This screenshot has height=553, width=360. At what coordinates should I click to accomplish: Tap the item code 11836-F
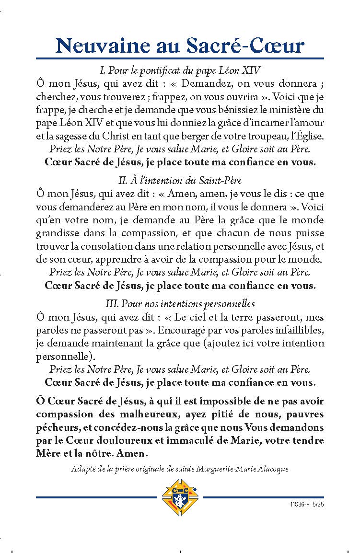click(x=300, y=505)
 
